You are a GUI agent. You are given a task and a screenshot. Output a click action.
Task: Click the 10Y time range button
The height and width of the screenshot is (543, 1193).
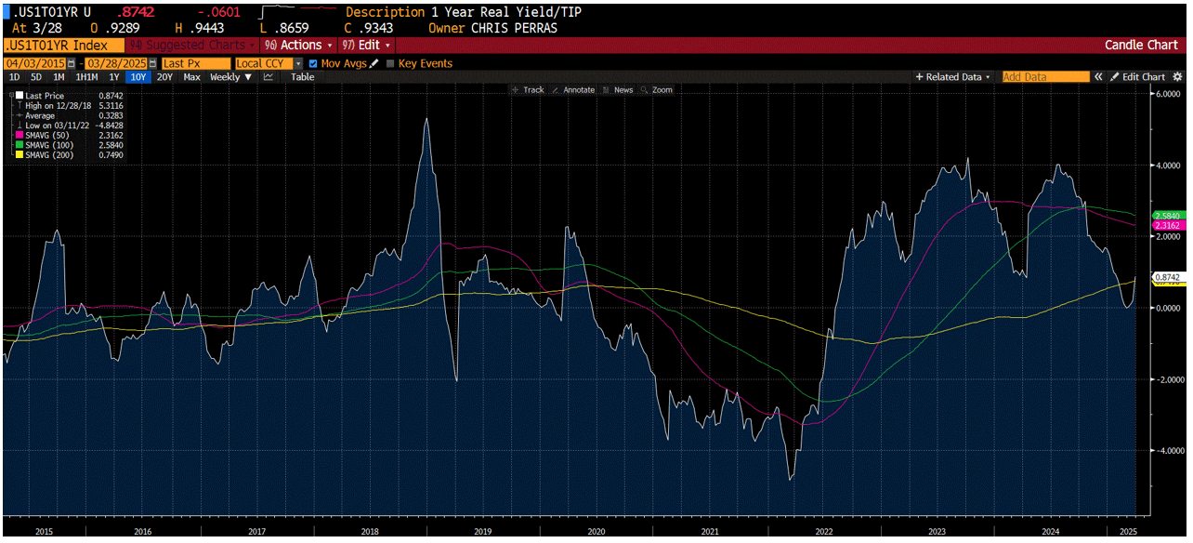(x=138, y=77)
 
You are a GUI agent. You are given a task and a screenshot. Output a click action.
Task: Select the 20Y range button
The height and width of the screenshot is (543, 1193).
(x=164, y=77)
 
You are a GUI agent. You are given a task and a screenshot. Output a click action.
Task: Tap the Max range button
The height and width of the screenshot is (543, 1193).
(x=191, y=77)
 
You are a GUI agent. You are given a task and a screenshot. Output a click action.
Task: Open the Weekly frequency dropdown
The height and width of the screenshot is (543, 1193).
(x=230, y=77)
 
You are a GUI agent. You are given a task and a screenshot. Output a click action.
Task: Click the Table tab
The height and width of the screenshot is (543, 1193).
(x=302, y=77)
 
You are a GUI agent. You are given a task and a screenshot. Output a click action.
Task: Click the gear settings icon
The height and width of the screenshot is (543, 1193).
(x=1178, y=77)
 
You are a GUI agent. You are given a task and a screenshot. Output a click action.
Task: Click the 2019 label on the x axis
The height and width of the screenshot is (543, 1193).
(x=482, y=532)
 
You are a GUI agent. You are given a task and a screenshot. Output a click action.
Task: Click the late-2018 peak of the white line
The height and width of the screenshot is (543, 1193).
(x=426, y=119)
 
